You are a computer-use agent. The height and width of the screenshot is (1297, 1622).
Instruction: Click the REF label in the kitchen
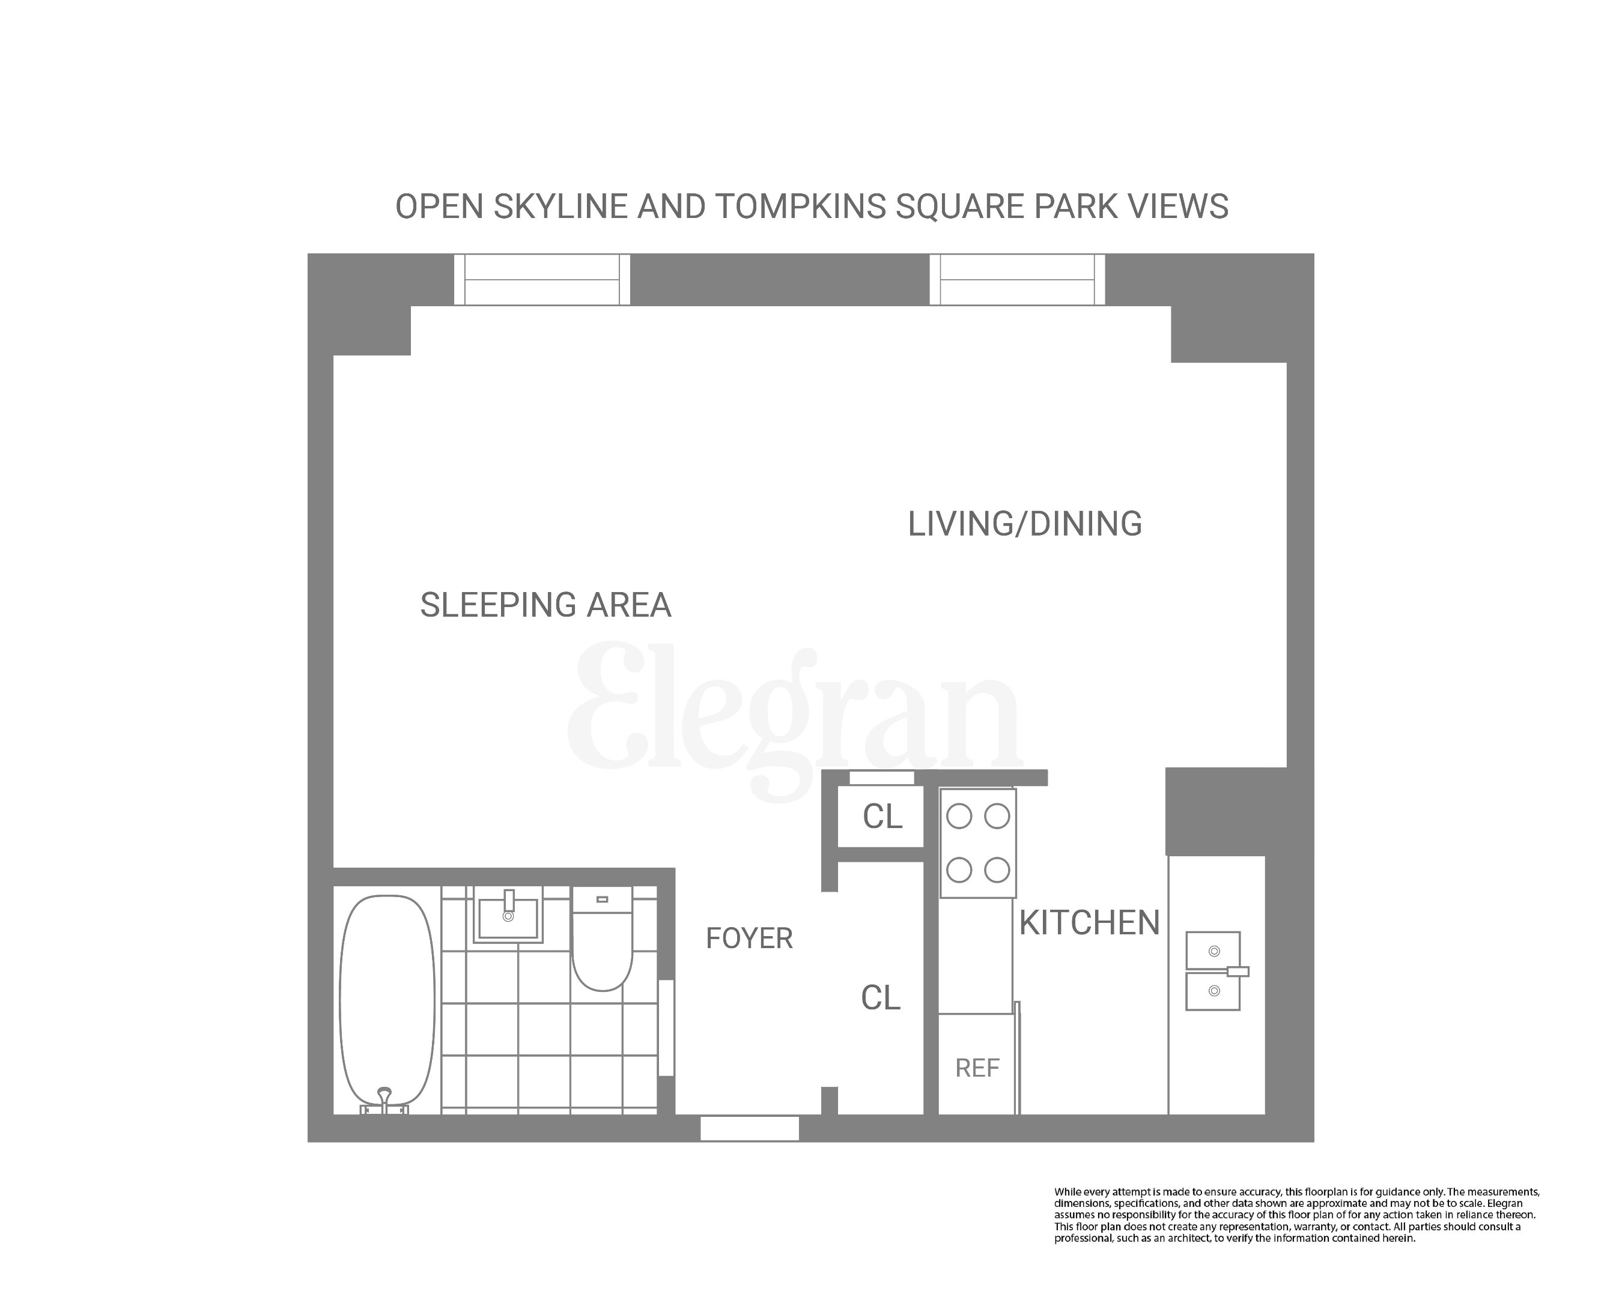coord(977,1068)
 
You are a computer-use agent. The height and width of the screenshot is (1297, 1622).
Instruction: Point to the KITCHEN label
coord(1089,924)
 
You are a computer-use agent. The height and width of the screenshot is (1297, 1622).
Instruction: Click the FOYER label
coord(749,939)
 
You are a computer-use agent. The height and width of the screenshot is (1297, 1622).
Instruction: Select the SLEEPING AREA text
coord(545,605)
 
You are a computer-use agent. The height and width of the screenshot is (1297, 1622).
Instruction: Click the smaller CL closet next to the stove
coord(882,817)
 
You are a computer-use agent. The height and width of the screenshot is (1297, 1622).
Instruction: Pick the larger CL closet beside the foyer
coord(880,999)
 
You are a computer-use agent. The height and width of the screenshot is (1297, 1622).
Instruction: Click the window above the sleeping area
coord(542,280)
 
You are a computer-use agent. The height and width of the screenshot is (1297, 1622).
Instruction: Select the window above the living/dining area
coord(1017,280)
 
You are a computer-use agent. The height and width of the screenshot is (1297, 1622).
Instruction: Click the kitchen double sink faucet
coord(1237,972)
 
